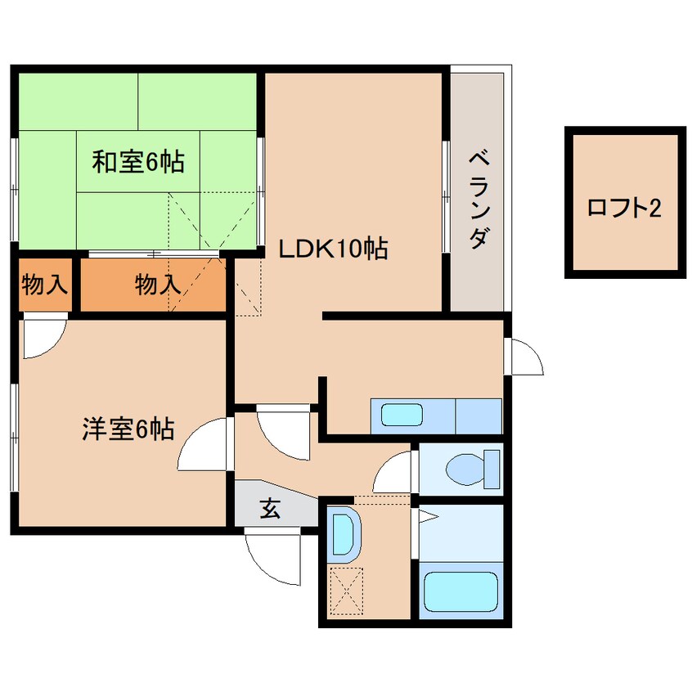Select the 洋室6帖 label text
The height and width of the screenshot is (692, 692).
[128, 429]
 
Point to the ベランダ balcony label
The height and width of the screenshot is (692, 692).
[479, 198]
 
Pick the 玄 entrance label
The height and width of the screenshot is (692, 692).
[270, 509]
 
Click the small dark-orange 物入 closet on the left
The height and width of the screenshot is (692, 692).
[44, 285]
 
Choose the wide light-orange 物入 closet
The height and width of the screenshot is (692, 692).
[155, 285]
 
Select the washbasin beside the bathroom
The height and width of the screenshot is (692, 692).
[344, 534]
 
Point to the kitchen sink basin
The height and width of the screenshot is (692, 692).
[402, 415]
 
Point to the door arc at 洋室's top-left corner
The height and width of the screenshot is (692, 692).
[41, 339]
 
